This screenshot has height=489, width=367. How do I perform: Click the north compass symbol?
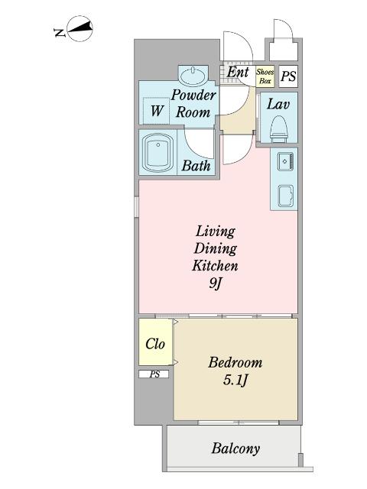pyautogui.click(x=75, y=29)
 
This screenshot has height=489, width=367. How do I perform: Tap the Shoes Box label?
pyautogui.click(x=265, y=76)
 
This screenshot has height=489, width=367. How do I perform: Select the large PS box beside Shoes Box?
pyautogui.click(x=288, y=76)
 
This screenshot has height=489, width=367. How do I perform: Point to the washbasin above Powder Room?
pyautogui.click(x=193, y=75)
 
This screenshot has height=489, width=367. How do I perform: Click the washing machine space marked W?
pyautogui.click(x=156, y=110)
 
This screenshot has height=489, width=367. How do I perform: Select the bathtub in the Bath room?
pyautogui.click(x=158, y=153)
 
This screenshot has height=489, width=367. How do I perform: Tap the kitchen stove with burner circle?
pyautogui.click(x=285, y=161)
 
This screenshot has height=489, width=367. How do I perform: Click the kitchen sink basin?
pyautogui.click(x=285, y=196)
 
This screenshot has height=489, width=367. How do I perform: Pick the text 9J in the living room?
pyautogui.click(x=216, y=283)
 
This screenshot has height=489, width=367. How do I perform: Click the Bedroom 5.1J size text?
pyautogui.click(x=235, y=381)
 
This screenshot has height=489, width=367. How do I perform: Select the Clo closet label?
pyautogui.click(x=155, y=344)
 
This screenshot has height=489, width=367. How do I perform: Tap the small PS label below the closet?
pyautogui.click(x=154, y=374)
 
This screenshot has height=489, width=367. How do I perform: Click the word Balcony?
pyautogui.click(x=235, y=449)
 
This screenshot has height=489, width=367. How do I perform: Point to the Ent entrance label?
pyautogui.click(x=238, y=72)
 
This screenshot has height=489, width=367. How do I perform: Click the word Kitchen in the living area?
pyautogui.click(x=215, y=265)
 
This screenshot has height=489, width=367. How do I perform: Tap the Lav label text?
pyautogui.click(x=278, y=104)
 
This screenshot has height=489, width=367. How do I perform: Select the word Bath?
pyautogui.click(x=196, y=166)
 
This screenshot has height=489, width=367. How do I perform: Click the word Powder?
pyautogui.click(x=193, y=95)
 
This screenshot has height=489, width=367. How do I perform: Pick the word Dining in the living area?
pyautogui.click(x=216, y=249)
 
